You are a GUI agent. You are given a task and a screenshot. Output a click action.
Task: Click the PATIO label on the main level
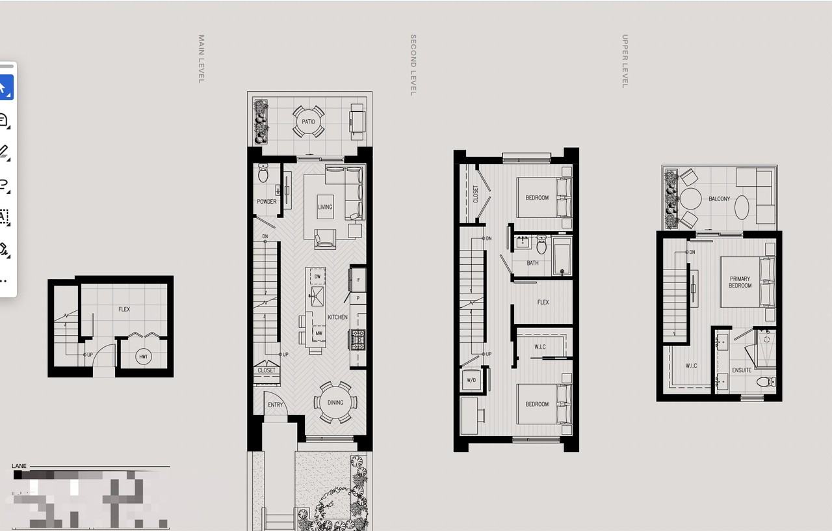[308, 122]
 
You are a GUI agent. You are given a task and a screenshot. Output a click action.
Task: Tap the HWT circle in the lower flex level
[144, 357]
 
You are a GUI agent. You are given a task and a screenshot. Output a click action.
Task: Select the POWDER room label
[266, 202]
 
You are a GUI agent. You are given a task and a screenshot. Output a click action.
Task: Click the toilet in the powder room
[263, 174]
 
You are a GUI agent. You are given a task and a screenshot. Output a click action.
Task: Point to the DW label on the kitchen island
[318, 277]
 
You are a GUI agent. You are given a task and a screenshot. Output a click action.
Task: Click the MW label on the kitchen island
[318, 333]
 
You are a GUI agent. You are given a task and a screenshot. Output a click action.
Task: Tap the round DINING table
[335, 402]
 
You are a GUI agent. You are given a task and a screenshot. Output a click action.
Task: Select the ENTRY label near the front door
[276, 405]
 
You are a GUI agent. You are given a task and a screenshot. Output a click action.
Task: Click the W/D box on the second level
[471, 380]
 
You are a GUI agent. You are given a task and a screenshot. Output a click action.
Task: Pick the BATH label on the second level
[532, 264]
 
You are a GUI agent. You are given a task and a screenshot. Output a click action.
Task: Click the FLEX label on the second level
[543, 302]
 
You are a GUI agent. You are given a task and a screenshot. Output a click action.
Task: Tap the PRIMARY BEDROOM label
[740, 282]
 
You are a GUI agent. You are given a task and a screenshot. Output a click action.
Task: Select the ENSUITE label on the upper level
[742, 370]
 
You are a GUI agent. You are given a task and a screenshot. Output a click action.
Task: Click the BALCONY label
[719, 199]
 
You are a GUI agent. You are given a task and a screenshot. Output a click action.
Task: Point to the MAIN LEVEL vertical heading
[201, 59]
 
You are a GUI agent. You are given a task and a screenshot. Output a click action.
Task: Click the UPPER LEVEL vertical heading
[625, 61]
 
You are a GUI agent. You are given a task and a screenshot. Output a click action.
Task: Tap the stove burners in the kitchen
[358, 338]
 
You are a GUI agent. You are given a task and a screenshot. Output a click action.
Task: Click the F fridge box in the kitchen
[358, 280]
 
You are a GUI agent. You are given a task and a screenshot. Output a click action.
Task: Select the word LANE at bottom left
[19, 466]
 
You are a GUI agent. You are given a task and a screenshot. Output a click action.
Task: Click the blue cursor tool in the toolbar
[4, 87]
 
